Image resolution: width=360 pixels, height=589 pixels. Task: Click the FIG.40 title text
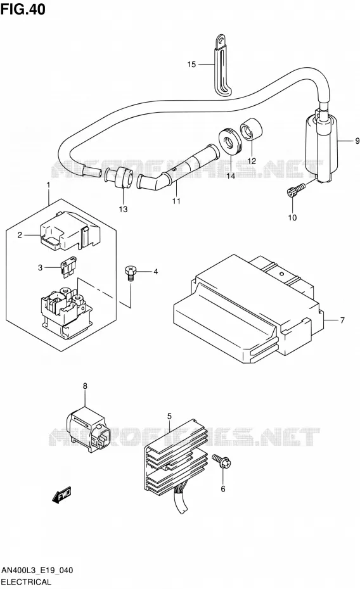23,9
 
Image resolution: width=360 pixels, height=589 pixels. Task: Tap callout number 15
191,64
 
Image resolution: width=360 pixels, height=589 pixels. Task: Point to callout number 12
252,161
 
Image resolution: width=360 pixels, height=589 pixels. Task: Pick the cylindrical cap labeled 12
251,129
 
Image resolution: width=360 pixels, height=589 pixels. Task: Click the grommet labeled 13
120,177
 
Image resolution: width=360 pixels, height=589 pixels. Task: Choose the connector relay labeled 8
89,428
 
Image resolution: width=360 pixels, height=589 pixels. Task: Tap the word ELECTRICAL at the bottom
26,582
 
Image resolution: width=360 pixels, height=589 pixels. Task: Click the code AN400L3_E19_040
37,571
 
